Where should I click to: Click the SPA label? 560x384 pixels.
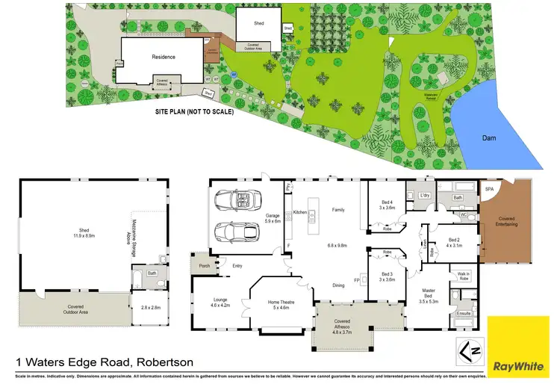[490, 189]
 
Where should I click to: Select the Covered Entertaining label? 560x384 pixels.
[507, 222]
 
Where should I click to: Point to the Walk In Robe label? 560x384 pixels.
[463, 276]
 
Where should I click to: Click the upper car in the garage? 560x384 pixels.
[236, 200]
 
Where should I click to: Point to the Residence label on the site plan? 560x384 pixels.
[163, 57]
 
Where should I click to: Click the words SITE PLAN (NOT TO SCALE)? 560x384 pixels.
[194, 112]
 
